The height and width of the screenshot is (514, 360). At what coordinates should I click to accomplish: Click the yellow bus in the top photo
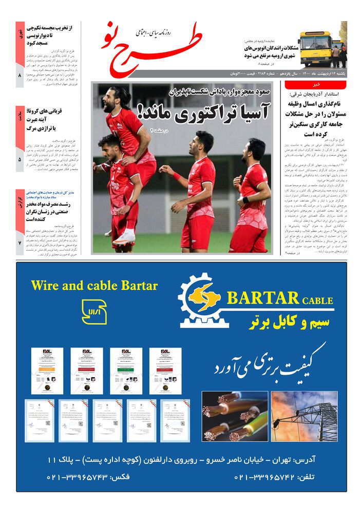click(x=314, y=48)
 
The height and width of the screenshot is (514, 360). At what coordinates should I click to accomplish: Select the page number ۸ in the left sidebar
click(x=20, y=76)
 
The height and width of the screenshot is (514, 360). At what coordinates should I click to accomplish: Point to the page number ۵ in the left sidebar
click(x=20, y=159)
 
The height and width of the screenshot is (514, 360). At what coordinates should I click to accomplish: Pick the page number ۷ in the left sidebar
click(x=20, y=242)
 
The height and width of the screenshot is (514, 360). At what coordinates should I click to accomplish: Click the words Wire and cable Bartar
click(x=94, y=286)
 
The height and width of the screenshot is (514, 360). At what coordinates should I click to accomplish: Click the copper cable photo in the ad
click(x=234, y=416)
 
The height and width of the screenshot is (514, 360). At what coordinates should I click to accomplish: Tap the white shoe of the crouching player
click(x=125, y=236)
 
